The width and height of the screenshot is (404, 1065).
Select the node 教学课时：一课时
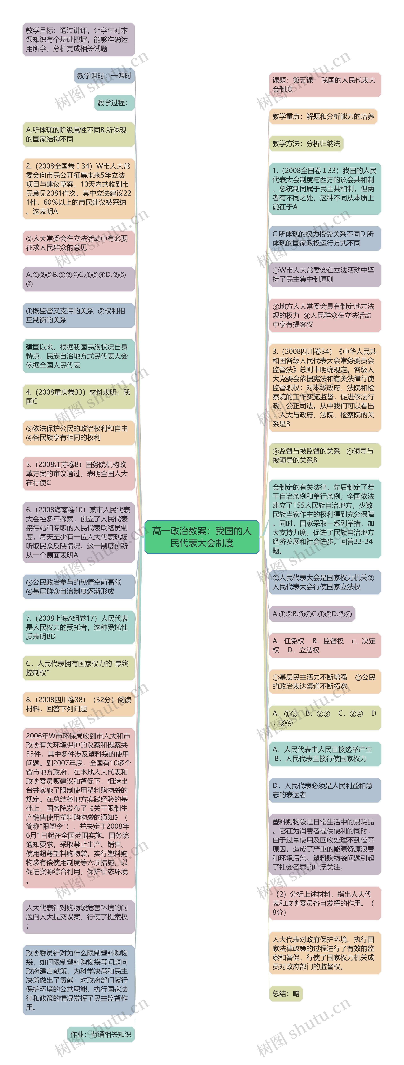104,76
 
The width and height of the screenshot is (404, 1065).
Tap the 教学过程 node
114,103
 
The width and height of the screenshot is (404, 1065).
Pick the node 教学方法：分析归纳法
306,143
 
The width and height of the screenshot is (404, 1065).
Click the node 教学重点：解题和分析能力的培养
323,117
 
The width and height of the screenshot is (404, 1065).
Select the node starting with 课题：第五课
325,85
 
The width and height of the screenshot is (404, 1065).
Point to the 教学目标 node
78,40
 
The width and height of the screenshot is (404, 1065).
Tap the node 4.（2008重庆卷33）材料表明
78,397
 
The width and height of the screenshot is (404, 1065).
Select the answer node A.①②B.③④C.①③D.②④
312,614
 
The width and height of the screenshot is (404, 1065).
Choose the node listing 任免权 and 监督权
325,645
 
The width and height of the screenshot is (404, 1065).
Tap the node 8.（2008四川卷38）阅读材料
78,704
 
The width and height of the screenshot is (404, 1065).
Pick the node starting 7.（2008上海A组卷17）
78,627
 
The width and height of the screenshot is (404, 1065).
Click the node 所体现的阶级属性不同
78,134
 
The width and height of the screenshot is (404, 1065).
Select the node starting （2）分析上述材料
325,903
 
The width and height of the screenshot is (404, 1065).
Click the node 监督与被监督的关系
325,455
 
